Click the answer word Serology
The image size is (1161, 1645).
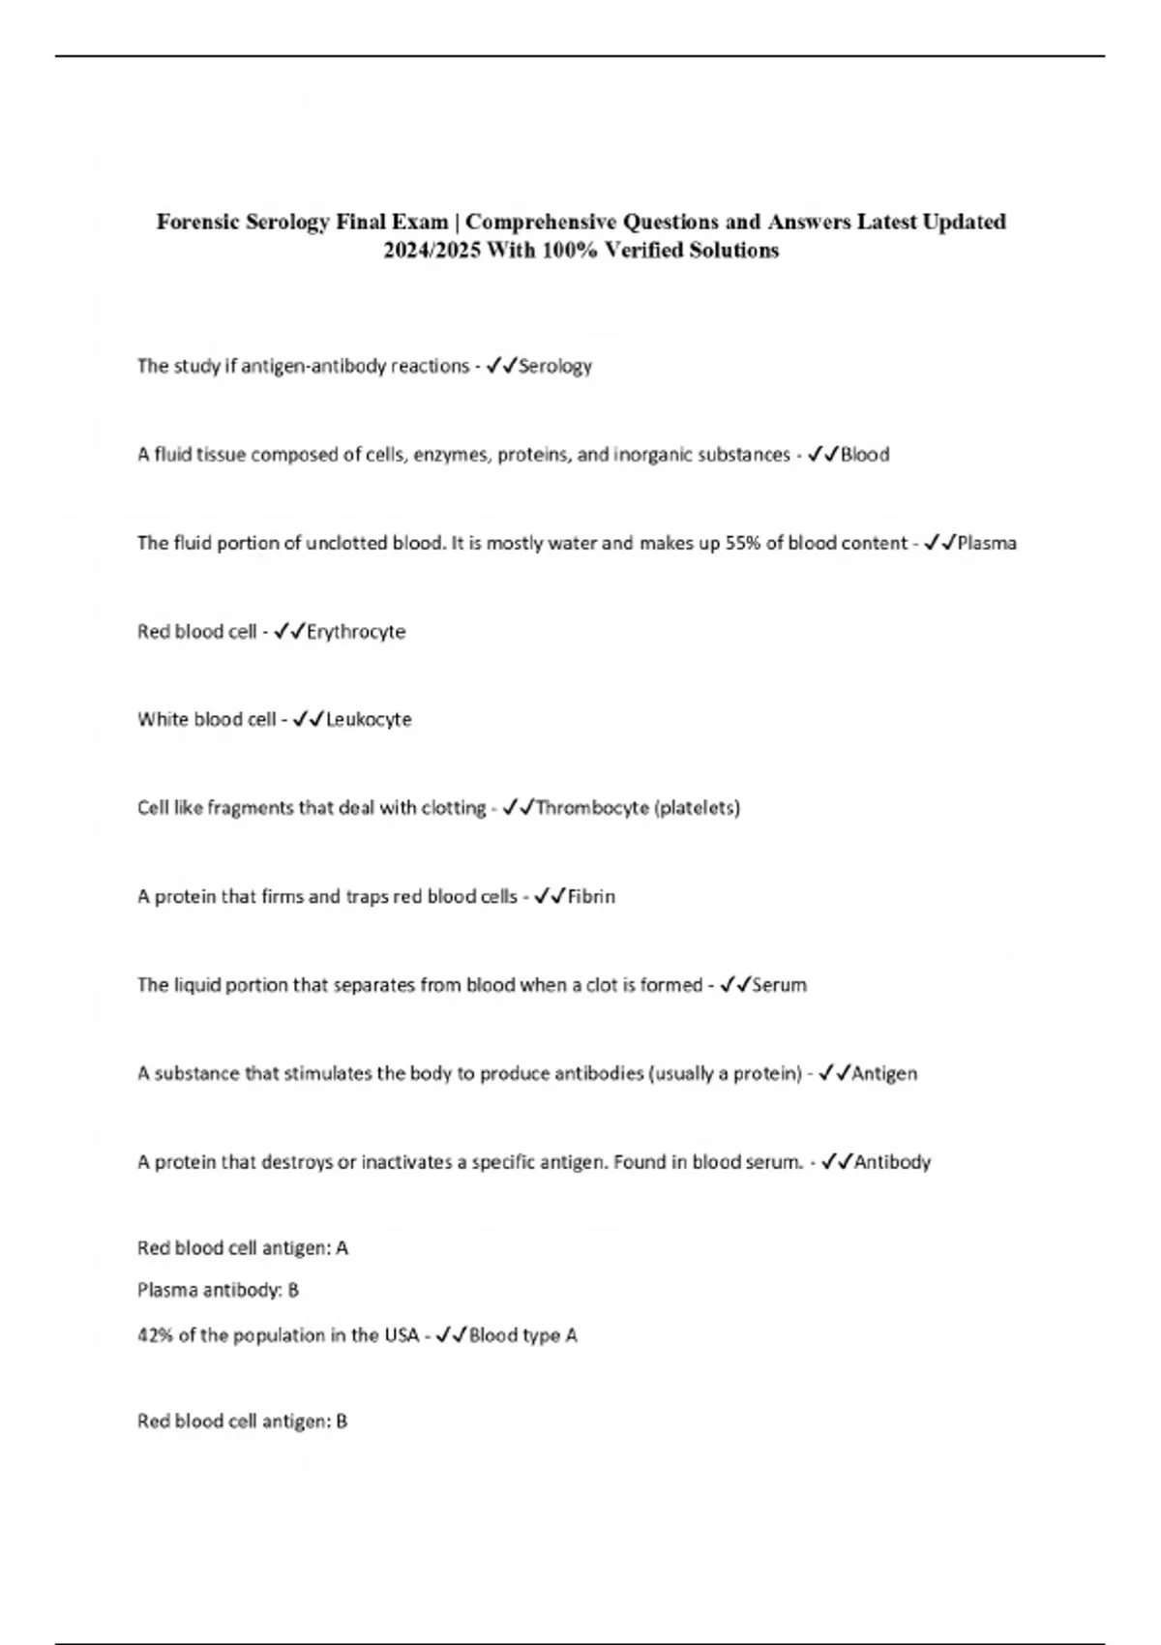click(x=555, y=366)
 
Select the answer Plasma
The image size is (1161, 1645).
click(x=987, y=543)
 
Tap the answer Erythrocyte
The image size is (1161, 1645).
click(x=356, y=632)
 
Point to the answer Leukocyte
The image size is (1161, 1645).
click(x=369, y=720)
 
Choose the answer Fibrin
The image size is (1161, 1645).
click(x=591, y=897)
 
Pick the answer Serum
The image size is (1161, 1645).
click(x=779, y=985)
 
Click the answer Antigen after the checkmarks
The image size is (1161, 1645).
click(x=885, y=1073)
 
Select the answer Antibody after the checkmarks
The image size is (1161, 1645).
click(x=892, y=1162)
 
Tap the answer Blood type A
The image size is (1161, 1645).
click(x=523, y=1335)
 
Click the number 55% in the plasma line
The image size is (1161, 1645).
click(x=743, y=543)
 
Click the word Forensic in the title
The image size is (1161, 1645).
click(x=197, y=222)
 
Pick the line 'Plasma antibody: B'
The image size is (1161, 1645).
click(x=218, y=1290)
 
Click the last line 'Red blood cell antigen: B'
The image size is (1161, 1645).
click(x=242, y=1421)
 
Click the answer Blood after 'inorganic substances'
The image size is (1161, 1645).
click(x=865, y=455)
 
